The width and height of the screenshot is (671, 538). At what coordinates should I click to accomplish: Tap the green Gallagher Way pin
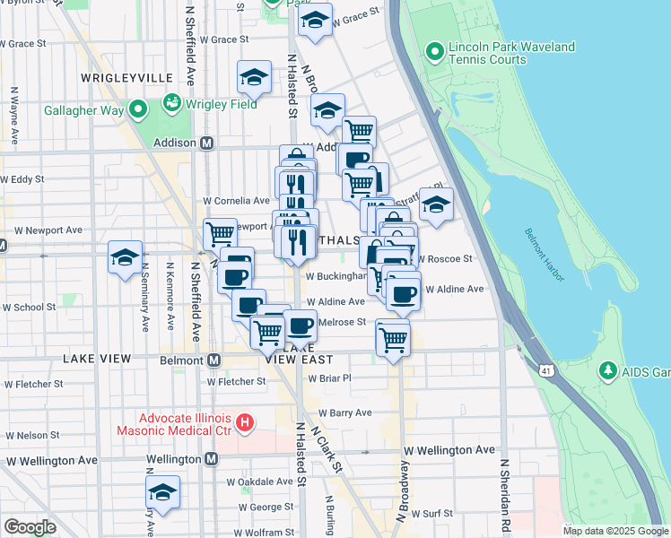[138, 110]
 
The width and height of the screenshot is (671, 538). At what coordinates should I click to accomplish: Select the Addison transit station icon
[206, 143]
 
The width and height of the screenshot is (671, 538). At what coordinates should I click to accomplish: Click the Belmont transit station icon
[213, 360]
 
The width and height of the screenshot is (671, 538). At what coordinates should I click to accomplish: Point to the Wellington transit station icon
[211, 459]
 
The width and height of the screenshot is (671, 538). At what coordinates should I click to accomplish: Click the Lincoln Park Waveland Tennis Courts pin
[435, 51]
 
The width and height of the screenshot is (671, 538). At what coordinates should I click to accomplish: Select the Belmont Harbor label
[545, 255]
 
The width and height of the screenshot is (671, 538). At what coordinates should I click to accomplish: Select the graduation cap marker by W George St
[162, 491]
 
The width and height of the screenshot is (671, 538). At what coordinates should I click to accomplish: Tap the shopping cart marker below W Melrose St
[393, 339]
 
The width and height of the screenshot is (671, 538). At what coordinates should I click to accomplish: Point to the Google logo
[30, 527]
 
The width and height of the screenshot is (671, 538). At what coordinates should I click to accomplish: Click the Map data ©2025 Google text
[615, 531]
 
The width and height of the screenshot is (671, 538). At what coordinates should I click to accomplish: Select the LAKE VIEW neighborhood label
[97, 359]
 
